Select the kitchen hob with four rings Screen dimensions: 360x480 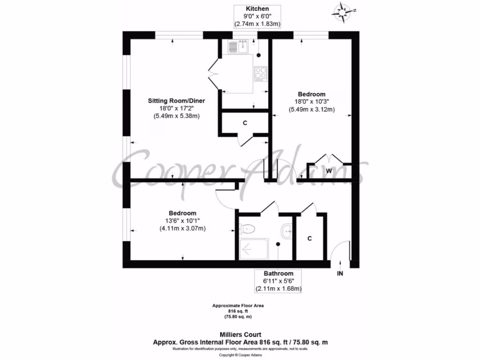pyautogui.click(x=260, y=73)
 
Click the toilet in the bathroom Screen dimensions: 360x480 pyautogui.click(x=247, y=229)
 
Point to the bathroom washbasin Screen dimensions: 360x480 pyautogui.click(x=287, y=230)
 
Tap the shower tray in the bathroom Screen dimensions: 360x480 pyautogui.click(x=254, y=248)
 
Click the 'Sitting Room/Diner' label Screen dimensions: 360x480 pyautogui.click(x=176, y=101)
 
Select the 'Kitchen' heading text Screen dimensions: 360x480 pyautogui.click(x=257, y=8)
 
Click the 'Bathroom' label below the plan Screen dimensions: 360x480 pyautogui.click(x=278, y=273)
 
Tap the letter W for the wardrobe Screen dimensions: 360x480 pyautogui.click(x=329, y=171)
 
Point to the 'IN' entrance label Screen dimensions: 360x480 pyautogui.click(x=340, y=273)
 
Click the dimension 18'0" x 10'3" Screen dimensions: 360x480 pyautogui.click(x=311, y=102)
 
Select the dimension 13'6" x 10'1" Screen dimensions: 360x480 pyautogui.click(x=182, y=221)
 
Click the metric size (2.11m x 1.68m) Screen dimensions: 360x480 pyautogui.click(x=278, y=288)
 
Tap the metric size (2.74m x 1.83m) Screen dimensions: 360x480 pyautogui.click(x=257, y=23)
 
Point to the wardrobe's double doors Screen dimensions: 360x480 pyautogui.click(x=329, y=159)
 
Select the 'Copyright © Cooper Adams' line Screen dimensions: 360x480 pyautogui.click(x=240, y=355)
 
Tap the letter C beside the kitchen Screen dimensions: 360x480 pyautogui.click(x=245, y=123)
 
